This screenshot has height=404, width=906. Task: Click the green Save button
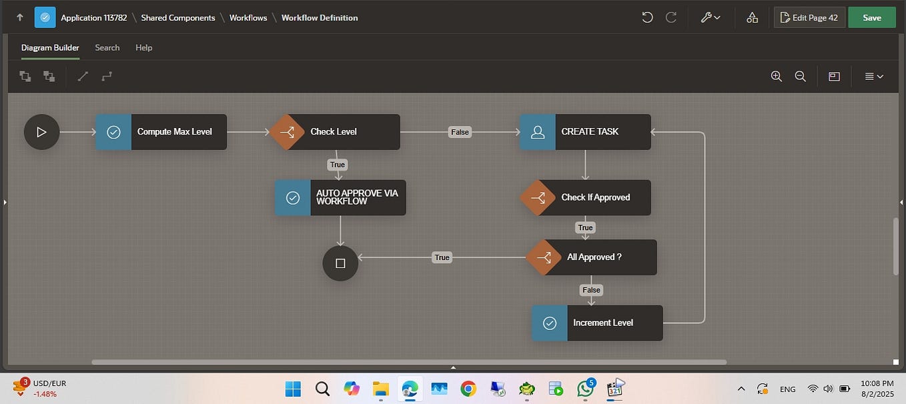[x=871, y=17]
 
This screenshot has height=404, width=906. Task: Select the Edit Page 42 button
[x=809, y=17]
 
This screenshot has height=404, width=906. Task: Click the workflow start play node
[x=41, y=132]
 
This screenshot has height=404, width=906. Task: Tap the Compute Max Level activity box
[x=161, y=132]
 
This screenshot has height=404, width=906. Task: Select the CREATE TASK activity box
[x=586, y=132]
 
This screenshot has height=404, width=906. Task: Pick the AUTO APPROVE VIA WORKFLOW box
[x=341, y=197]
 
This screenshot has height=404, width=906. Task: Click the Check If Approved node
[x=586, y=197]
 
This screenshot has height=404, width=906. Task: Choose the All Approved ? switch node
[x=592, y=257]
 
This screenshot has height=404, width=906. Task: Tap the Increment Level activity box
[x=598, y=323]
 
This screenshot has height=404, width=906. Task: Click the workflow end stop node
[x=340, y=263]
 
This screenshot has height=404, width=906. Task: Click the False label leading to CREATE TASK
[x=460, y=132]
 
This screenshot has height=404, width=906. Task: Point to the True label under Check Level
[x=338, y=165]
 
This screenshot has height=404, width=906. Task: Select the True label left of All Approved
[x=442, y=257]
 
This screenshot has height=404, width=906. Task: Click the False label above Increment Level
[x=591, y=290]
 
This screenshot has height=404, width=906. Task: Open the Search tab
[x=107, y=47]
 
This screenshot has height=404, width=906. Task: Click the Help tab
[x=143, y=47]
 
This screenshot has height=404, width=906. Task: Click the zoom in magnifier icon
[x=776, y=77]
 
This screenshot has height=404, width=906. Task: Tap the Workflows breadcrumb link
[x=248, y=18]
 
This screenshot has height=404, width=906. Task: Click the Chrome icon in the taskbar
[x=468, y=389]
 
